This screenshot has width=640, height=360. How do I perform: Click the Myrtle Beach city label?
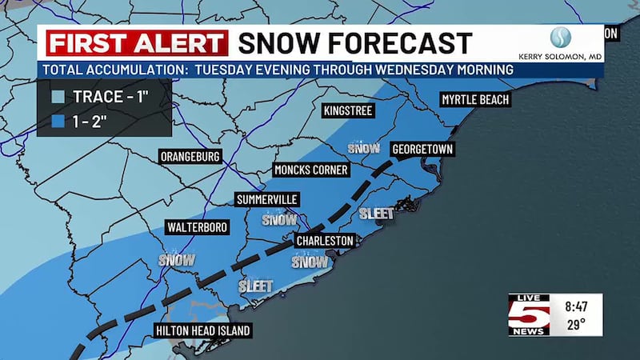click(474, 100)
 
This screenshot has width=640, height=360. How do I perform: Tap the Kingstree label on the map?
click(348, 110)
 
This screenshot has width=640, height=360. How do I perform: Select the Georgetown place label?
click(422, 150)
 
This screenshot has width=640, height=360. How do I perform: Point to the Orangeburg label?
click(190, 156)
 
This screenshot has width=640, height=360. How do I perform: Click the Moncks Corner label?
click(311, 170)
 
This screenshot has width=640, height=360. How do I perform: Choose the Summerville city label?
click(267, 199)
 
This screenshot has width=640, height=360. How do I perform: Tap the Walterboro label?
click(198, 228)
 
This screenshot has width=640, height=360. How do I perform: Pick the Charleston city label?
click(325, 240)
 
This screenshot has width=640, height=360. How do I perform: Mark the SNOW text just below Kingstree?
click(364, 148)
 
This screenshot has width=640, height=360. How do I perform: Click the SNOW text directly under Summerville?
click(279, 219)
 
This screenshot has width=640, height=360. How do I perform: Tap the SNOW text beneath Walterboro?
click(177, 259)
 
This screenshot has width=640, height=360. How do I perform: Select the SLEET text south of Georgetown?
click(377, 214)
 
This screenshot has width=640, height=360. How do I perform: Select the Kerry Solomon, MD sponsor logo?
click(571, 44)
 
